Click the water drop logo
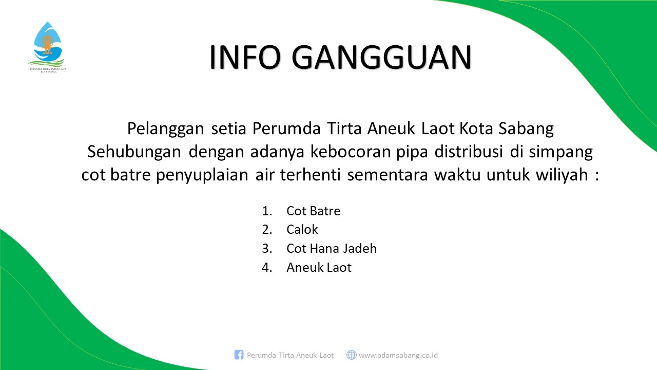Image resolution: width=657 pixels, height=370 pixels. [x=47, y=43]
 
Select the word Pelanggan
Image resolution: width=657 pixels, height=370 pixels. [x=165, y=129]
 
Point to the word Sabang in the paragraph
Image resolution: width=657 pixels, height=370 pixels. [x=526, y=129]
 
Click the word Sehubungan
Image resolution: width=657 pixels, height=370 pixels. [x=134, y=152]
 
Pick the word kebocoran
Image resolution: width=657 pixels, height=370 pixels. [x=351, y=152]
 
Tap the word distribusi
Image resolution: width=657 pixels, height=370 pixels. [x=469, y=152]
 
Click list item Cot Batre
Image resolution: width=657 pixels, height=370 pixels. [x=313, y=211]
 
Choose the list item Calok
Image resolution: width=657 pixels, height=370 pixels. [x=302, y=229]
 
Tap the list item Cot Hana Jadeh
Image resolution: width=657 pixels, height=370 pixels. [x=332, y=248]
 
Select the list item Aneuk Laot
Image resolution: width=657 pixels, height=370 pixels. [x=319, y=267]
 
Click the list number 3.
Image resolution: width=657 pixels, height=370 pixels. [x=267, y=248]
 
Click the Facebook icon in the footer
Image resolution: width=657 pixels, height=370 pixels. [x=239, y=355]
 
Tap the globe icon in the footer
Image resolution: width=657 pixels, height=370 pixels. [x=352, y=355]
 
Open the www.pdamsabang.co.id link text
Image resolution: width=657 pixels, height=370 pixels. [x=398, y=355]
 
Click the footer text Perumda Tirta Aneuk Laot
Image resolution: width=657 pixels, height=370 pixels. [x=290, y=355]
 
